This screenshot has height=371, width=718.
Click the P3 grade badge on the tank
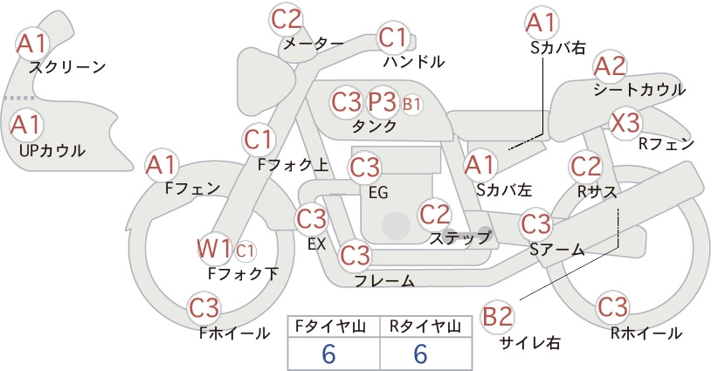[x=382, y=102]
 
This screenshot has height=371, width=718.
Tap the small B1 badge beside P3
[x=411, y=104]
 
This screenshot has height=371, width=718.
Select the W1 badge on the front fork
[x=214, y=250]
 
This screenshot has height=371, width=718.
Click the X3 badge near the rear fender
[x=625, y=123]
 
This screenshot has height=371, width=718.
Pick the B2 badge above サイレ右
[x=497, y=317]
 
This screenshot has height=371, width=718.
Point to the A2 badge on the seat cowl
[x=610, y=67]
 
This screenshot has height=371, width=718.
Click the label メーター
[x=314, y=44]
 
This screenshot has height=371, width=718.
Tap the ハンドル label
[x=414, y=62]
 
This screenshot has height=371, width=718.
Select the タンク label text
[x=374, y=126]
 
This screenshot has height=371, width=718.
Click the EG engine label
[x=378, y=193]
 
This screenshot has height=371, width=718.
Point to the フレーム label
[x=384, y=281]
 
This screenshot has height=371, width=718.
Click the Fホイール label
[x=234, y=333]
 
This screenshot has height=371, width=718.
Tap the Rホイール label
[x=646, y=333]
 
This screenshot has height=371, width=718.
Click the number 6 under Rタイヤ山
[x=420, y=354]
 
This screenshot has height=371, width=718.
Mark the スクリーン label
[x=67, y=68]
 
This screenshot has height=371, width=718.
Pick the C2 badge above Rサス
[x=585, y=167]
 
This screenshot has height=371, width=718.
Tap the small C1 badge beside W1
[x=245, y=251]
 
